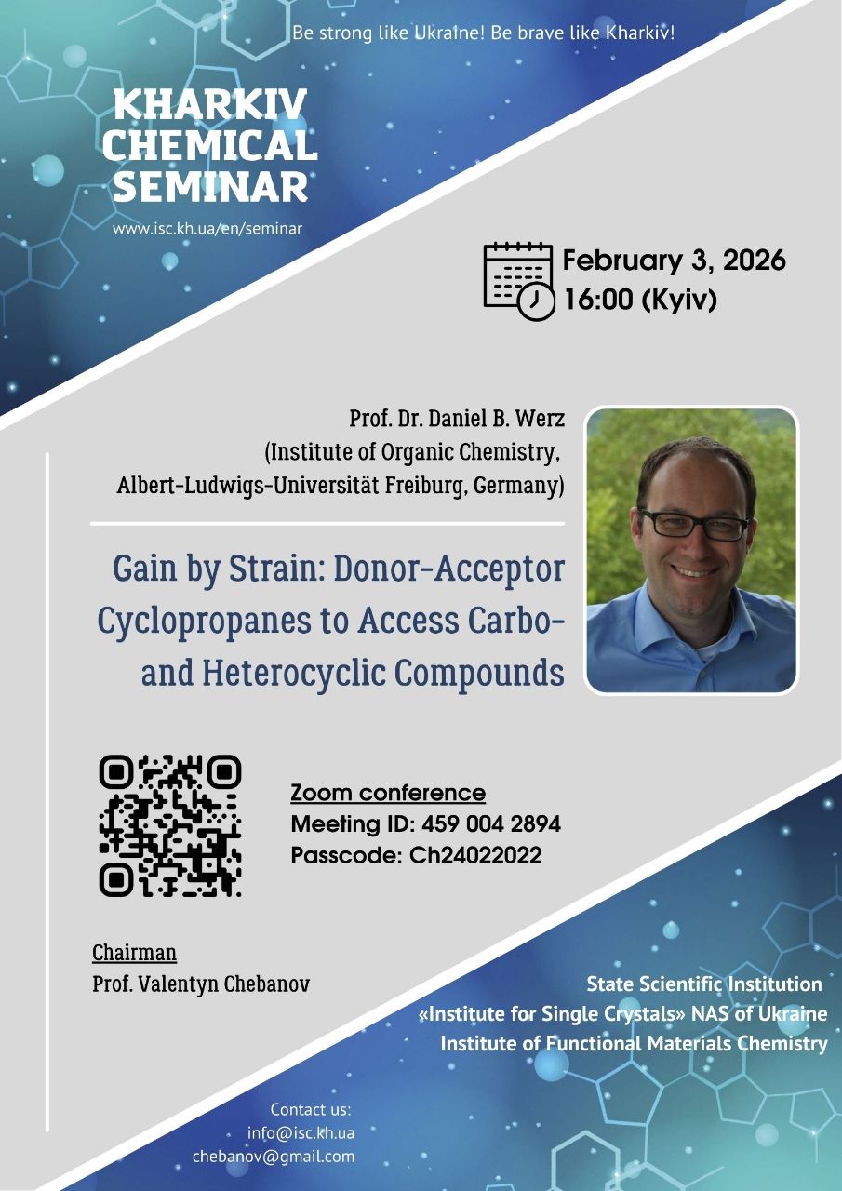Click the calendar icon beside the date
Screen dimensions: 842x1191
519,281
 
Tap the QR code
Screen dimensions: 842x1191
170,825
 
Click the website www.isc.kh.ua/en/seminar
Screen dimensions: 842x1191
207,229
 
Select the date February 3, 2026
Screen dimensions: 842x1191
674,261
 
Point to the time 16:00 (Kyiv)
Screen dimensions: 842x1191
640,299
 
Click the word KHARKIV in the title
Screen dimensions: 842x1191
210,104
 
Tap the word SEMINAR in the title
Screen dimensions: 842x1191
210,186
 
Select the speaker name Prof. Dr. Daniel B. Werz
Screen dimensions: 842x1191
457,419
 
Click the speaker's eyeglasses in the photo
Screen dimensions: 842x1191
694,524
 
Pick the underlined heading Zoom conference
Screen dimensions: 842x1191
388,793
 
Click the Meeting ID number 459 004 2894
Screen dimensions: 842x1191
491,823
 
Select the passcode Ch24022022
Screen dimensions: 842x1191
475,855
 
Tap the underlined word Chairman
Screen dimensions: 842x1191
135,952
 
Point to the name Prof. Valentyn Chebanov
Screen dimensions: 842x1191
201,984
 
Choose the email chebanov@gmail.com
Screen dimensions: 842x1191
274,1157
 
